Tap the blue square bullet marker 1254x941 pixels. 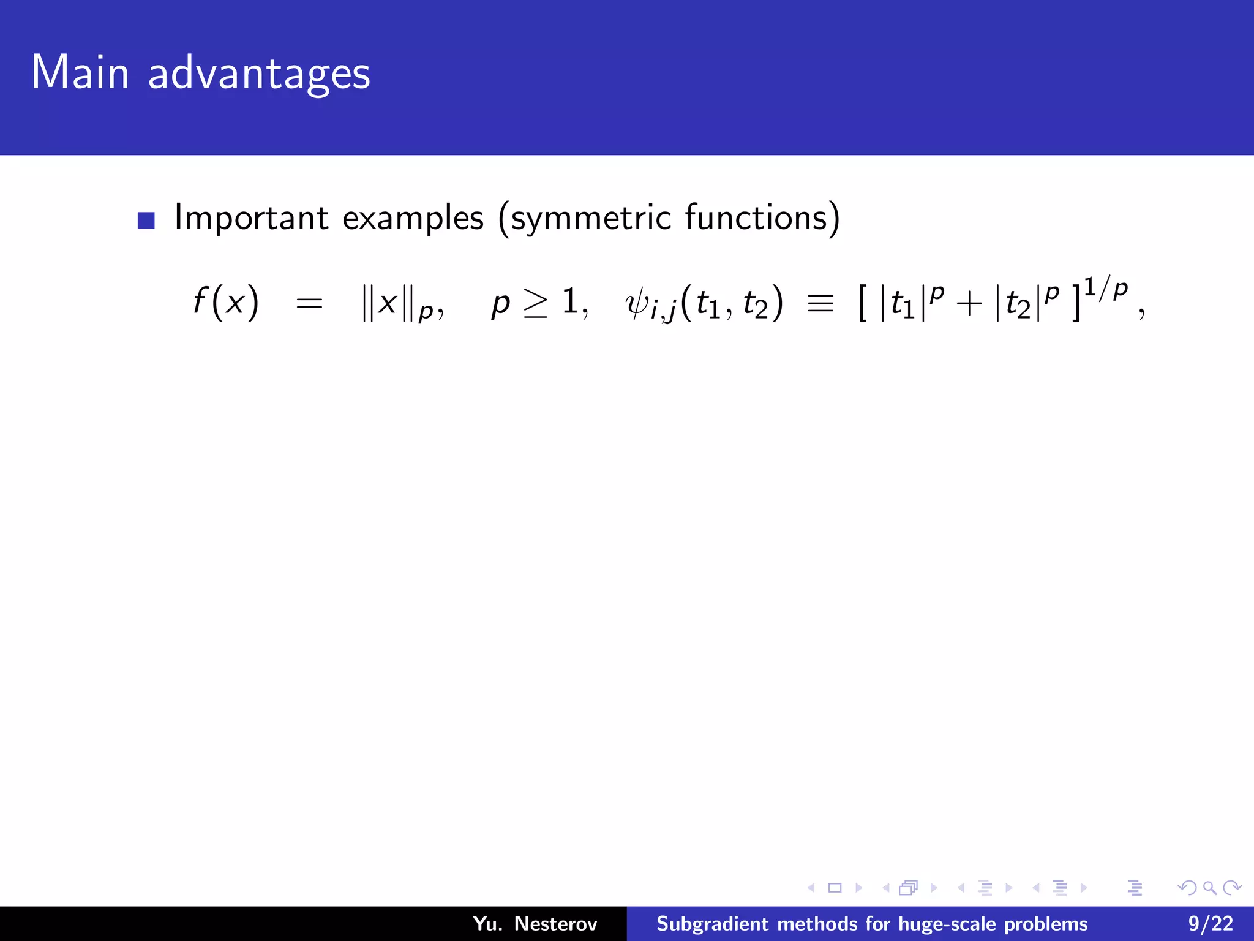point(146,221)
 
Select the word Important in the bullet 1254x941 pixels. point(252,218)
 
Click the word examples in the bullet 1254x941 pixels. point(413,218)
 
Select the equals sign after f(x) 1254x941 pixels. point(309,303)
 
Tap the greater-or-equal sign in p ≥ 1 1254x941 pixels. point(535,303)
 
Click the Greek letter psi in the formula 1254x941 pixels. point(637,304)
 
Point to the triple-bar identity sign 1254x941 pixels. point(820,303)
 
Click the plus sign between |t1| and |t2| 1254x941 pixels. point(969,304)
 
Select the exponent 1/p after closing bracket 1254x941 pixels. point(1106,288)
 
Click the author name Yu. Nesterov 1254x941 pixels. point(535,924)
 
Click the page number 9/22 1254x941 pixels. point(1211,924)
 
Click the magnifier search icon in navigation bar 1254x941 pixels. point(1209,887)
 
